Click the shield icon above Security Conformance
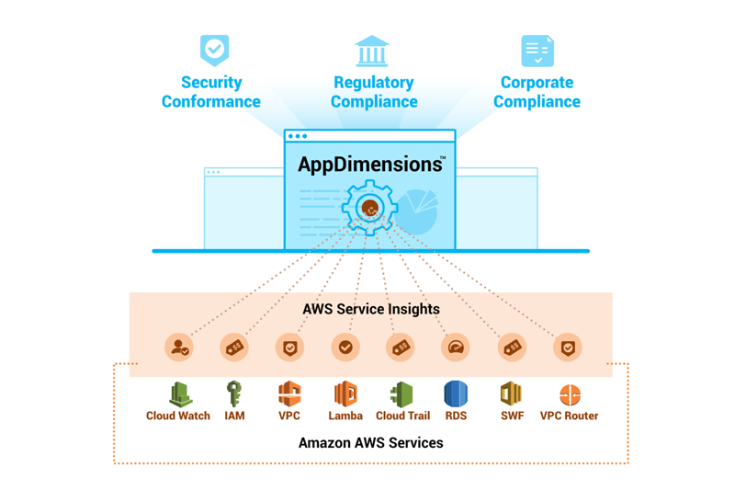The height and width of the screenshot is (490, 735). (214, 50)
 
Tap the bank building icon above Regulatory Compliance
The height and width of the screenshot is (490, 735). (372, 51)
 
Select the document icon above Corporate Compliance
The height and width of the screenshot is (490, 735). (537, 51)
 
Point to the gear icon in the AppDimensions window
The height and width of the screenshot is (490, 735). (369, 208)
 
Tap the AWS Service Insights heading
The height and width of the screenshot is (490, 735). (371, 309)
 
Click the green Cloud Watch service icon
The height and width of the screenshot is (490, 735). (179, 394)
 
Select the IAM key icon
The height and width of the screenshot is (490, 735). (234, 394)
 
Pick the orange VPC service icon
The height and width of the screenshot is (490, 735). (289, 394)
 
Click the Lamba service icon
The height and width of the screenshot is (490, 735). (345, 394)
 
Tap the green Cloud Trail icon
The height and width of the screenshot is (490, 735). (401, 394)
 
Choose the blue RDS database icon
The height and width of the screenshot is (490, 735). (456, 394)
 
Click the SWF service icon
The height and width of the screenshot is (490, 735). (511, 394)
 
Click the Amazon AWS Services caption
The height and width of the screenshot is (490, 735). (370, 443)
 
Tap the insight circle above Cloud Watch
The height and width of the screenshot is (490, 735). (179, 348)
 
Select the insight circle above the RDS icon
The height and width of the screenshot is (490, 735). (456, 348)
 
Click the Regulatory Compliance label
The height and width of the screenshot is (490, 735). (373, 92)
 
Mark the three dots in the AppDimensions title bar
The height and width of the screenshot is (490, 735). (298, 136)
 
